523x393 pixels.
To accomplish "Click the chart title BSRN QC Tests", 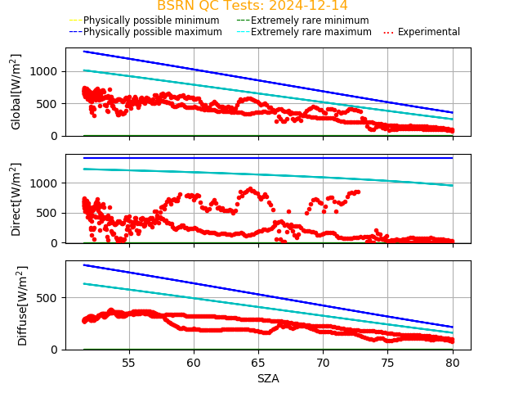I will click(252, 6).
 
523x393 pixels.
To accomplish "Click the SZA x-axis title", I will click(268, 378).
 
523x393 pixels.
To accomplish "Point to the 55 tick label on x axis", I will click(128, 363).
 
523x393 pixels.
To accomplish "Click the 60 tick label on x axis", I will click(194, 363).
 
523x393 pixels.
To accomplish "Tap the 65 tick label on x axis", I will click(258, 363).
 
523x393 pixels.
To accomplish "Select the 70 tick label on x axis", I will click(323, 363).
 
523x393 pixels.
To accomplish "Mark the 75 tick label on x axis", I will click(388, 363).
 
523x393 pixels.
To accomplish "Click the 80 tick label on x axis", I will click(453, 363).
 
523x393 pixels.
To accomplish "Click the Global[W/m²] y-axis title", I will click(16, 92).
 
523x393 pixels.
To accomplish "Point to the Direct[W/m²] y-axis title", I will click(16, 199).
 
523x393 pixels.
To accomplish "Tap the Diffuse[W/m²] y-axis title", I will click(22, 305).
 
